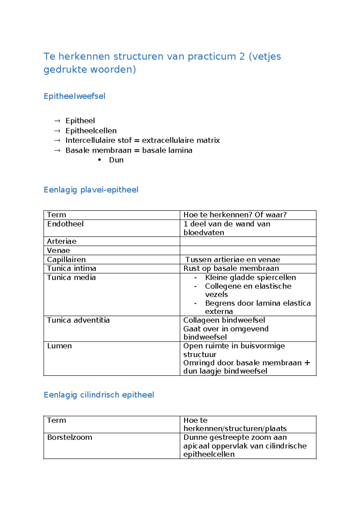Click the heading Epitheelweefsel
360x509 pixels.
74,96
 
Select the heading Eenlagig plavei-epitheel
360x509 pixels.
91,190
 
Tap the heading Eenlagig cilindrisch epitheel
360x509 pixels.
99,395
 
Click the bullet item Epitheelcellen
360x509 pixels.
91,131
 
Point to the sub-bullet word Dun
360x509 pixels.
116,160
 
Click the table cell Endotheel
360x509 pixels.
65,224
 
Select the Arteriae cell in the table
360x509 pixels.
62,242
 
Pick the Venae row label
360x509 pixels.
58,251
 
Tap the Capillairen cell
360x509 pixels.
66,260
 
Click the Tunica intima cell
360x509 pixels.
71,269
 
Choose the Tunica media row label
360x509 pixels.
71,278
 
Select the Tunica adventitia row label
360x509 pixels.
78,320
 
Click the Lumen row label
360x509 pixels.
59,346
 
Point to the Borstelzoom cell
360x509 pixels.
70,438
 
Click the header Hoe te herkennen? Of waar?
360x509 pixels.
235,215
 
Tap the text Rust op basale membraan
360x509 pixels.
231,269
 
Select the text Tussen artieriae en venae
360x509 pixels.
232,260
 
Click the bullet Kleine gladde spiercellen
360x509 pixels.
250,278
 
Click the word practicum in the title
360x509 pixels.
212,56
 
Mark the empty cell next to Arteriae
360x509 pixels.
248,242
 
